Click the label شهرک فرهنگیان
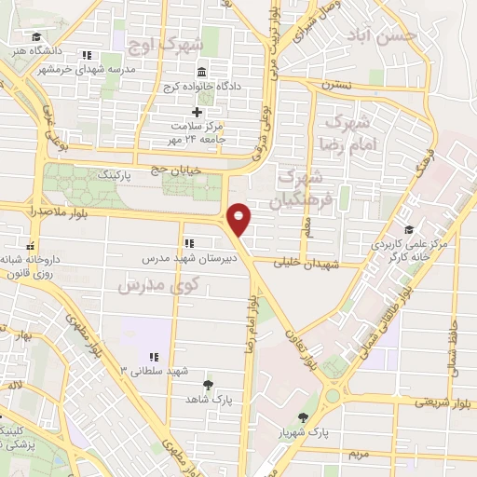(300, 188)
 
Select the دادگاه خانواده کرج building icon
(201, 74)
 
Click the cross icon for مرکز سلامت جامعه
(196, 112)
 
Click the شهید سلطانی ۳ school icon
(155, 356)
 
